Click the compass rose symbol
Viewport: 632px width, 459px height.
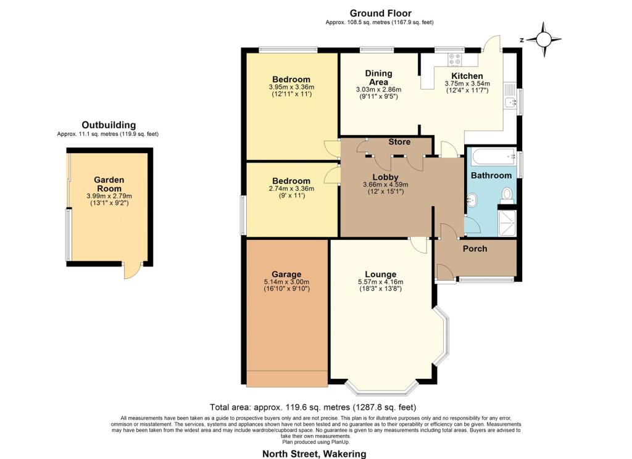543,39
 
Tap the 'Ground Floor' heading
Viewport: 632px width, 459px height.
380,14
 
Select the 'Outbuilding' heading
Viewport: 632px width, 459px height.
109,125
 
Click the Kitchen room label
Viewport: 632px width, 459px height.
467,76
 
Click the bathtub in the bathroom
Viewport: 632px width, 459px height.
494,156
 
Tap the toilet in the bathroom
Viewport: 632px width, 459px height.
507,196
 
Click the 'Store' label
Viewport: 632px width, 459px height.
399,142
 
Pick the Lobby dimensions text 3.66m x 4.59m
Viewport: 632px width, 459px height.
385,184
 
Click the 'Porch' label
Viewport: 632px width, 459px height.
475,249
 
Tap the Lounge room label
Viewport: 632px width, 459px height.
380,275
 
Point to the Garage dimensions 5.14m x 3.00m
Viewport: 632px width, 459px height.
286,282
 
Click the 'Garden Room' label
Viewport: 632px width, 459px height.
109,184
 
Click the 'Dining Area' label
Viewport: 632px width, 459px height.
378,77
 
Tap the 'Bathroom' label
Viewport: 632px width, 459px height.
491,175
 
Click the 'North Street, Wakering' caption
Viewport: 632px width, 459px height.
314,454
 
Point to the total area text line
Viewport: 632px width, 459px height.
313,407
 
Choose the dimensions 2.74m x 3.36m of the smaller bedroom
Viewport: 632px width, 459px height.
291,189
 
